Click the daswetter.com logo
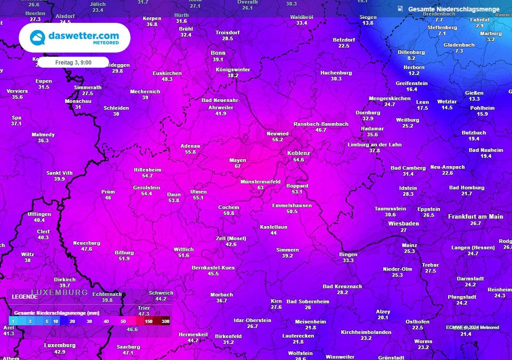pyautogui.click(x=74, y=38)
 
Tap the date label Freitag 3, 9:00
pyautogui.click(x=73, y=62)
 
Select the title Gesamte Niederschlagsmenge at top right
pyautogui.click(x=453, y=9)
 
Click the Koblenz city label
pyautogui.click(x=298, y=153)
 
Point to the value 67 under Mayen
pyautogui.click(x=237, y=166)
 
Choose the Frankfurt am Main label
pyautogui.click(x=475, y=216)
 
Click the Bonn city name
pyautogui.click(x=218, y=53)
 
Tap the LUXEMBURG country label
pyautogui.click(x=59, y=292)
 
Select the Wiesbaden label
pyautogui.click(x=403, y=223)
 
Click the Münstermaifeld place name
pyautogui.click(x=260, y=181)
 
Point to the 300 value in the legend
pyautogui.click(x=165, y=321)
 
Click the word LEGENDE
pyautogui.click(x=24, y=296)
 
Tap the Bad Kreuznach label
pyautogui.click(x=342, y=286)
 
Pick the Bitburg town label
pyautogui.click(x=124, y=252)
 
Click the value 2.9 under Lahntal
pyautogui.click(x=479, y=25)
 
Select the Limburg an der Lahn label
pyautogui.click(x=374, y=145)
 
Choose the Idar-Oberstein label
pyautogui.click(x=252, y=320)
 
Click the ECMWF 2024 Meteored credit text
pyautogui.click(x=472, y=327)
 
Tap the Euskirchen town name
pyautogui.click(x=167, y=73)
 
